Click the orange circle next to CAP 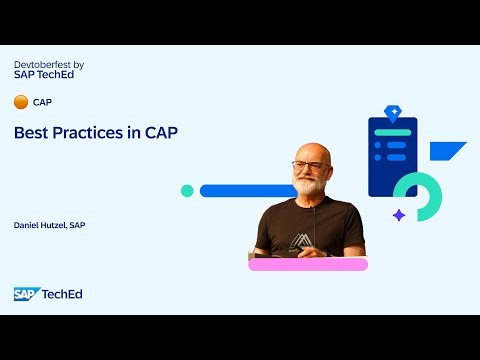(x=20, y=102)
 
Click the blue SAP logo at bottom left (x=25, y=293)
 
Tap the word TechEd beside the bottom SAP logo (x=61, y=293)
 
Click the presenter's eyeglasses (x=308, y=165)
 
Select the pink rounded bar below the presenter (x=308, y=264)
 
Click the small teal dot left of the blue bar (x=187, y=190)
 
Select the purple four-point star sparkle (x=398, y=214)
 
